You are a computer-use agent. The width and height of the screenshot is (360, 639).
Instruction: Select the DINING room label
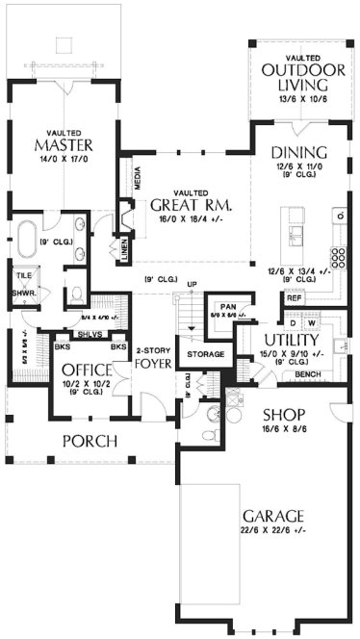[298, 153]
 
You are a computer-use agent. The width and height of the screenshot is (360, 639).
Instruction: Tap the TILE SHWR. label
[24, 284]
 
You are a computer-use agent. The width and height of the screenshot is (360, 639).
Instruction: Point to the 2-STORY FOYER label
[153, 358]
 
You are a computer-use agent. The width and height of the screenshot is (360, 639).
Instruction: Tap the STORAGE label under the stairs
[206, 355]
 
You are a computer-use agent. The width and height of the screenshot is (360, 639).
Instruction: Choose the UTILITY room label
[291, 341]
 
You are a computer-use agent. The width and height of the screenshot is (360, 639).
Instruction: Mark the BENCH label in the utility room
[309, 373]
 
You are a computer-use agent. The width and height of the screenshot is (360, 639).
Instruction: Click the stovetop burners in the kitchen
[340, 256]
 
